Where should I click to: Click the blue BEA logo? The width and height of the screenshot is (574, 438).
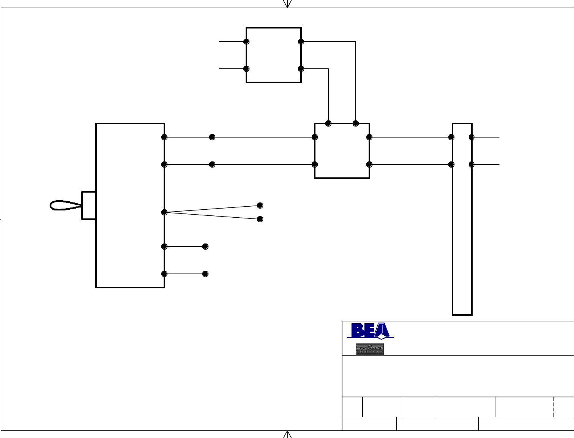370,330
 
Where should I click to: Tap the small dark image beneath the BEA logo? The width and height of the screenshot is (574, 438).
369,349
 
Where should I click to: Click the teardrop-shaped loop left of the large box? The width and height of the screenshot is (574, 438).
66,205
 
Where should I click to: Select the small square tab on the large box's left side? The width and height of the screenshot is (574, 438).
89,206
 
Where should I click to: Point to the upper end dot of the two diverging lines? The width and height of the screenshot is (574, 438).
260,206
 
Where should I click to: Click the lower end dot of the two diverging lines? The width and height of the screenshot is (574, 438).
260,219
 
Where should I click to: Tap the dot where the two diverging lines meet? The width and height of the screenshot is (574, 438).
164,212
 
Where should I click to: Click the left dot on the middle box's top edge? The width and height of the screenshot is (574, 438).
328,123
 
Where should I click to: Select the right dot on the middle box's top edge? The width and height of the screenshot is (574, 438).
356,123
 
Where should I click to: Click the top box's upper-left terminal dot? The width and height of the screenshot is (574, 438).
246,41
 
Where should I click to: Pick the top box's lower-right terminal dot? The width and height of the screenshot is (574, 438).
301,69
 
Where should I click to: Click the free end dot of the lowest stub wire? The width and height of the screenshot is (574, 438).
205,274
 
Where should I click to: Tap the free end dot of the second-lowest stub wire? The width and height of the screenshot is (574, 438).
205,247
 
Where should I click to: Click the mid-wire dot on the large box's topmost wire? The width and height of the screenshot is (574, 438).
212,137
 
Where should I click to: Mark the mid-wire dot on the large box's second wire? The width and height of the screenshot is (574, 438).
212,164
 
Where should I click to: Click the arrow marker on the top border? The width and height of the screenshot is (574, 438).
288,4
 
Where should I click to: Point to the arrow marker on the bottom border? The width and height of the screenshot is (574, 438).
288,434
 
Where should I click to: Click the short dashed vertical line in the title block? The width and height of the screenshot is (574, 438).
553,407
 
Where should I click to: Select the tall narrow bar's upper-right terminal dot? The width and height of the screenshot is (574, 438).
471,137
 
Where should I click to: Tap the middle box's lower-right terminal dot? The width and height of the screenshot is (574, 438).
369,164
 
